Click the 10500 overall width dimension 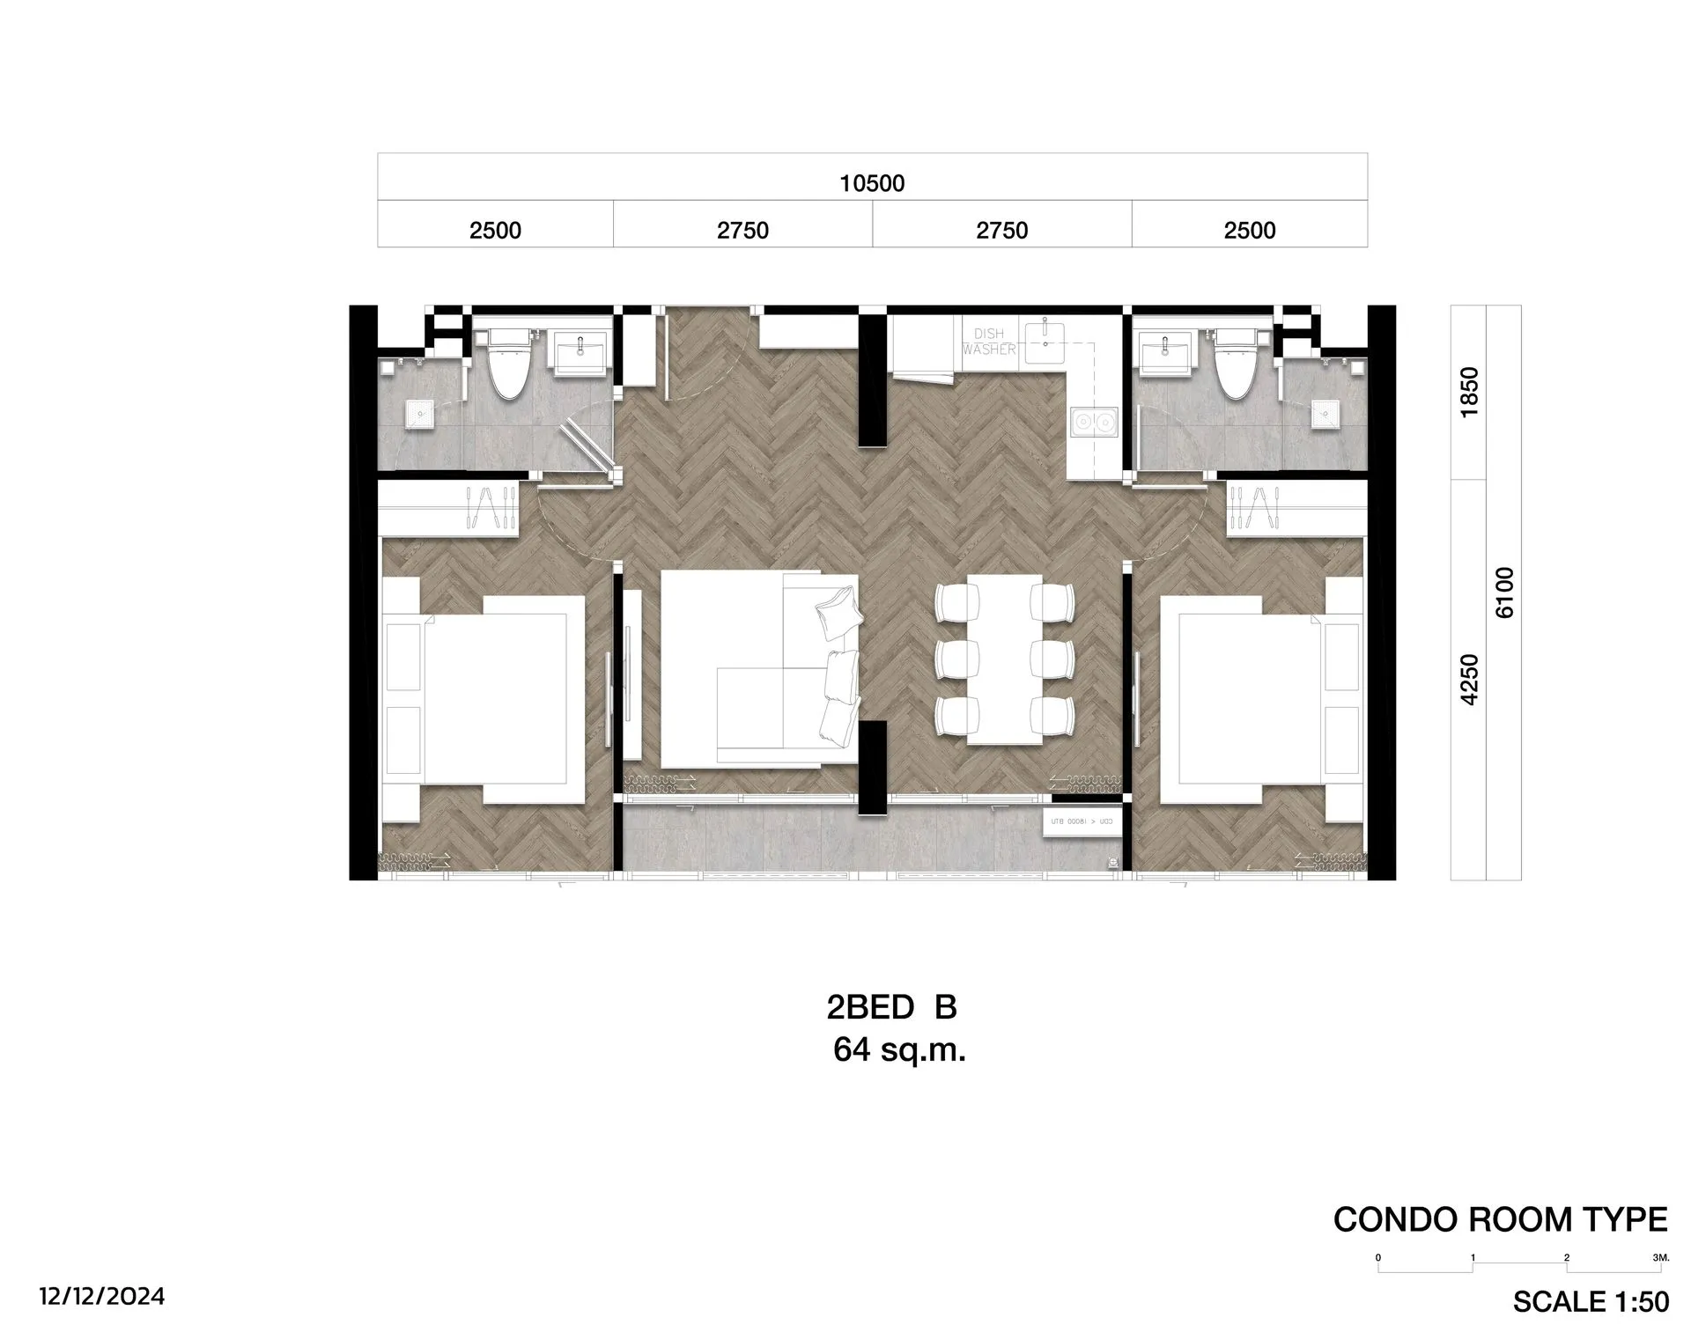tap(872, 183)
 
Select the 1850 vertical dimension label tap(1470, 393)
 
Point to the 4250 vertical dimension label tap(1470, 680)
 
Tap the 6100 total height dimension tap(1505, 593)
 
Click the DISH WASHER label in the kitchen tap(989, 342)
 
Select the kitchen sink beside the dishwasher tap(1045, 340)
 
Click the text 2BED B tap(891, 1007)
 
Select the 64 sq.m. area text tap(899, 1050)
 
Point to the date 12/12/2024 tap(101, 1297)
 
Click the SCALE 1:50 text tap(1591, 1301)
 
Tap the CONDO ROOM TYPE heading tap(1500, 1219)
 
